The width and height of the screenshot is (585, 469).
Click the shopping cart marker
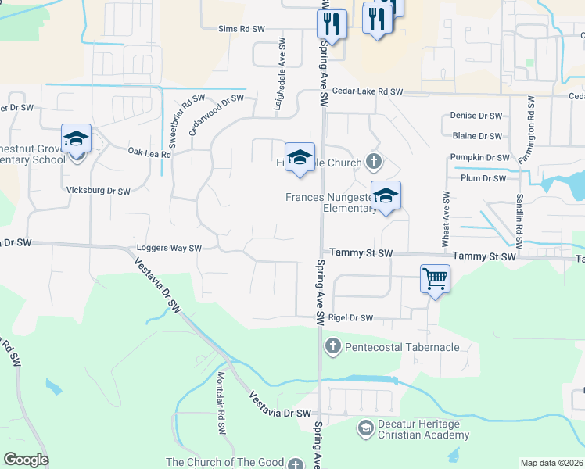click(435, 279)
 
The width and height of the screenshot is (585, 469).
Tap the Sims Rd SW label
click(242, 29)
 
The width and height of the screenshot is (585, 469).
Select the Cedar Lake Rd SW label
click(367, 92)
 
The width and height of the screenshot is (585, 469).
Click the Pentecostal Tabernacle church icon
click(332, 346)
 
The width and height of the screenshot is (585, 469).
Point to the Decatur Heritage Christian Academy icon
click(365, 428)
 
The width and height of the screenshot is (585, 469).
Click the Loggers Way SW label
click(169, 249)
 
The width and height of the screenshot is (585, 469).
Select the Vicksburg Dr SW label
click(99, 191)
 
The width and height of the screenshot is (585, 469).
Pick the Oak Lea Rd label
click(149, 154)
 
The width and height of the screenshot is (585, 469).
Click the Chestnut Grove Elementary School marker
click(77, 141)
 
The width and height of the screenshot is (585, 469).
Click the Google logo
click(26, 460)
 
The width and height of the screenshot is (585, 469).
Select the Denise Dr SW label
click(476, 116)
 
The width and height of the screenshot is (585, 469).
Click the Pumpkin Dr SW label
click(479, 157)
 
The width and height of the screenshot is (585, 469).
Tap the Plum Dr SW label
click(483, 178)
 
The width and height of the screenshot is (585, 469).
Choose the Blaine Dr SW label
click(477, 136)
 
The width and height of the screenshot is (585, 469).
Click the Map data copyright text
click(551, 463)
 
